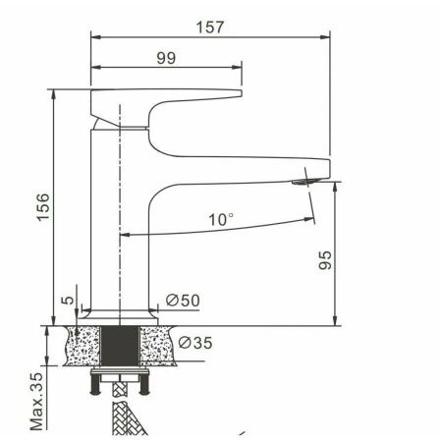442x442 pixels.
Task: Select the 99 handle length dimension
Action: tap(165, 58)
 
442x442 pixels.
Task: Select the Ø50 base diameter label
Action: tap(183, 301)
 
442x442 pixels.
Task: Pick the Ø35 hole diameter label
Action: tap(194, 343)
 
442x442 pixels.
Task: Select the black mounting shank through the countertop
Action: tap(121, 347)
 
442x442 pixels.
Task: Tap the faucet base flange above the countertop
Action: tap(121, 313)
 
